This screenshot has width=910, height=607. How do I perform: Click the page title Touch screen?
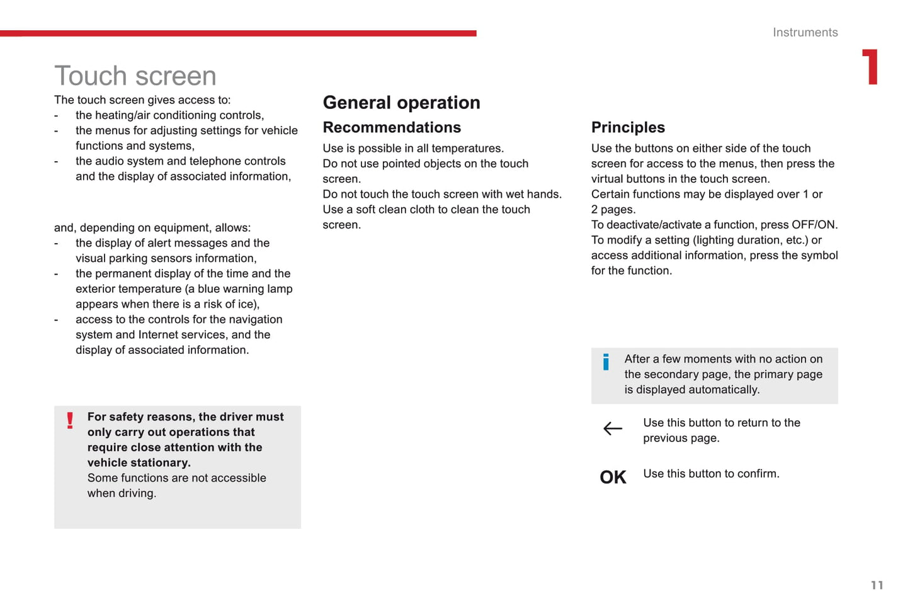pos(135,76)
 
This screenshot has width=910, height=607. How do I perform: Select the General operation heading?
pos(401,103)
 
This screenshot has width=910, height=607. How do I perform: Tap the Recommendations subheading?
pos(392,127)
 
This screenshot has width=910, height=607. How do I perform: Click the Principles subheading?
pos(628,127)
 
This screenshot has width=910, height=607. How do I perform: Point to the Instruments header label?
pos(805,33)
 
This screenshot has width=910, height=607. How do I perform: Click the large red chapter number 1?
pos(870,67)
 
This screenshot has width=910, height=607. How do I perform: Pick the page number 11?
pos(877,585)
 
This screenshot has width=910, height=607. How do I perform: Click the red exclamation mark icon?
pos(70,420)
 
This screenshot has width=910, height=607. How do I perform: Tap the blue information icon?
pos(606,361)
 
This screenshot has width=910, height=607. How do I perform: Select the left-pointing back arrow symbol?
pos(612,429)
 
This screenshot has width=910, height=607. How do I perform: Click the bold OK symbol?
pos(613,477)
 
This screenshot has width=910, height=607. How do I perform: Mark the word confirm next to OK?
pos(758,474)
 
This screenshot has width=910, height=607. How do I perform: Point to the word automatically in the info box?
pos(724,390)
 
